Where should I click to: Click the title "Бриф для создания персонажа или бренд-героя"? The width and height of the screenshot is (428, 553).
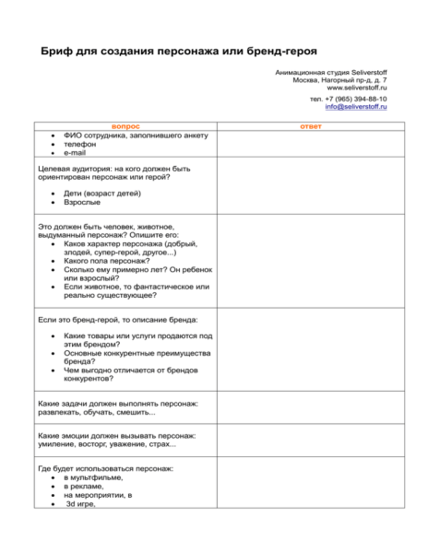[172, 48]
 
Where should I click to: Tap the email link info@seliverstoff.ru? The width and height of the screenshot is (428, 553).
[356, 107]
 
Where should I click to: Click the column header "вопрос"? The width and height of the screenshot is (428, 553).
[125, 125]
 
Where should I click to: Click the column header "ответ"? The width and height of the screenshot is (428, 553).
[311, 125]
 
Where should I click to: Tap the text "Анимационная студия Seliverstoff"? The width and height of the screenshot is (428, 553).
[331, 71]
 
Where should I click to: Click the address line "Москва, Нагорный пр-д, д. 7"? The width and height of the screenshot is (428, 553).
[339, 79]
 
